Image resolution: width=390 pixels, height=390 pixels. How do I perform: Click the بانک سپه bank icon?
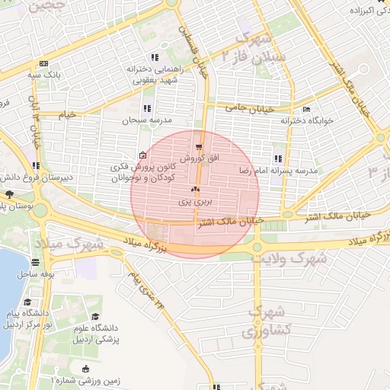click(x=43, y=63)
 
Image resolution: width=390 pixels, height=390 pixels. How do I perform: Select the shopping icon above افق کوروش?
click(x=200, y=146)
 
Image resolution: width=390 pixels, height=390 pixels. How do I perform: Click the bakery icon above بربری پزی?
click(x=196, y=190)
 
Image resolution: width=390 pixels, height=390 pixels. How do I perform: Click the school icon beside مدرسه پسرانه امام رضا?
click(x=278, y=158)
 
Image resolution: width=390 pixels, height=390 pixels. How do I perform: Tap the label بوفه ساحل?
click(x=34, y=273)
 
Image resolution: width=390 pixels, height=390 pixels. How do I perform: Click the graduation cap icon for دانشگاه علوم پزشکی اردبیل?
click(x=96, y=316)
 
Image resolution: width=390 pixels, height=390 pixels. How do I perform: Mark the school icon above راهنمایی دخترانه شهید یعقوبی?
click(x=155, y=57)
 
